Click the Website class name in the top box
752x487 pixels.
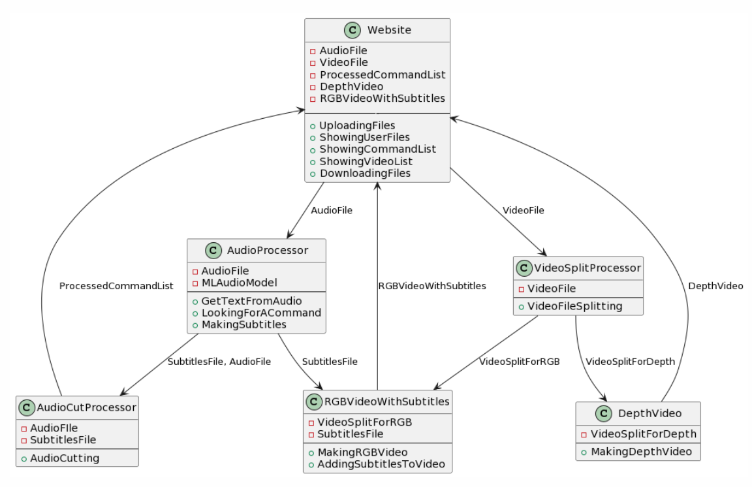[389, 29]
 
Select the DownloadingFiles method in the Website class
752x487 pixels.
[365, 173]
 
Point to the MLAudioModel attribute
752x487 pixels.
[239, 283]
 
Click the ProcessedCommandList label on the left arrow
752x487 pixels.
[116, 286]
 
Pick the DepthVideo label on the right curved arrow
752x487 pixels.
[715, 286]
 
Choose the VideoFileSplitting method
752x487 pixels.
[575, 306]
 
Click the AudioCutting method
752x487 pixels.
[65, 458]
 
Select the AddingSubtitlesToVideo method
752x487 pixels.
[381, 464]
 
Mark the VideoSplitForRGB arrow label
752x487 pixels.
[520, 361]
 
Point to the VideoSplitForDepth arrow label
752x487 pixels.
[630, 361]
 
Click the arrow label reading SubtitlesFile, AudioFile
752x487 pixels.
[219, 361]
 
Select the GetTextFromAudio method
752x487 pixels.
[251, 301]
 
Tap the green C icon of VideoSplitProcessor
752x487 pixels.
[525, 268]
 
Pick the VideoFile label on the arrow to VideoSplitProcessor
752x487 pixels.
[523, 210]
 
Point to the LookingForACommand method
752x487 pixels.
[261, 313]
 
